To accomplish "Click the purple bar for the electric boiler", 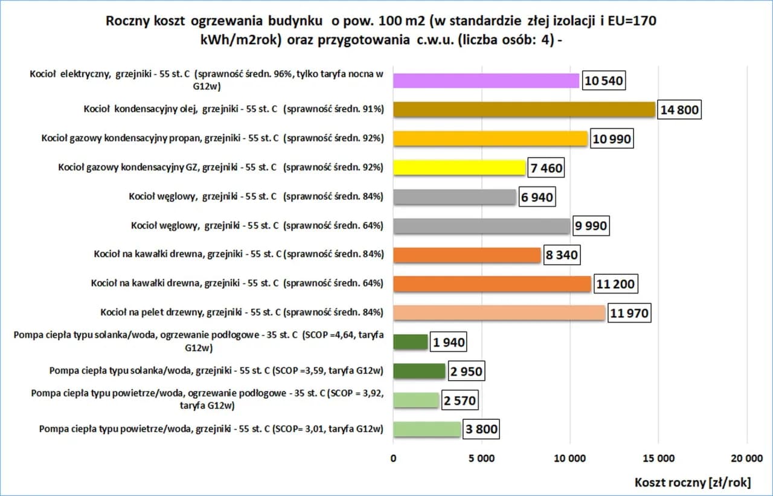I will tap(486, 80).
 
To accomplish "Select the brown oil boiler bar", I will tap(524, 109).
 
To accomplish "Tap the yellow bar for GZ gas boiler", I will tap(460, 167).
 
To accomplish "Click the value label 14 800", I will tap(679, 110).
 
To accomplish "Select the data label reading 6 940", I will tap(537, 197).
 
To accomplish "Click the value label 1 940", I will tap(449, 343).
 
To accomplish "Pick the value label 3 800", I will tap(481, 430).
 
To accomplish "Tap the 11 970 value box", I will tap(629, 314).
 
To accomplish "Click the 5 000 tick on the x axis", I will tap(482, 458).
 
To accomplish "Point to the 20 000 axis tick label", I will tap(747, 458).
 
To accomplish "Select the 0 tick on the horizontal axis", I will tap(393, 458).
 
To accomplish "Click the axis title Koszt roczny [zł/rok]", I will tap(693, 482).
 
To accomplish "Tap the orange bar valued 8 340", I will tap(467, 255).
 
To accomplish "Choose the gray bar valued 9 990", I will tap(481, 226).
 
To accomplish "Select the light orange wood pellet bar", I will tap(499, 313).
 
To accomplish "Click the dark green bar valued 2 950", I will tap(419, 371).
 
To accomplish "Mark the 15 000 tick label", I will tap(658, 458).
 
